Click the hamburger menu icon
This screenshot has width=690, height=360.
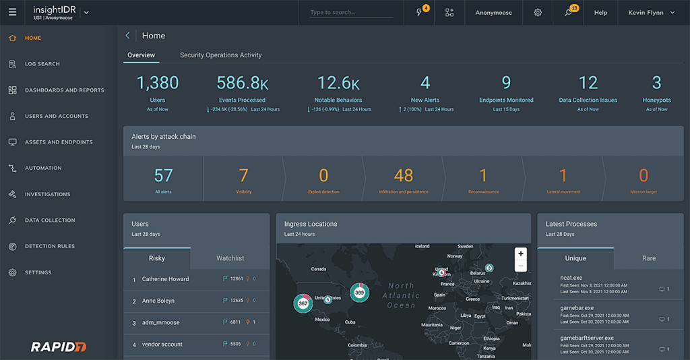[x=13, y=12]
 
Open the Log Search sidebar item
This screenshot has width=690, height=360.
[x=42, y=64]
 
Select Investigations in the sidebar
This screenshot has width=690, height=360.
[x=47, y=194]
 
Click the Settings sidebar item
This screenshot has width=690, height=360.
[x=38, y=272]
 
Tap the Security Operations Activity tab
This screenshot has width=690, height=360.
[x=220, y=55]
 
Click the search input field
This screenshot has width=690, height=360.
[x=350, y=12]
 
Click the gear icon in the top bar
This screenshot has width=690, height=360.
[x=538, y=13]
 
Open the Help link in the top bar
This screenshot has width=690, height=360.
[x=600, y=13]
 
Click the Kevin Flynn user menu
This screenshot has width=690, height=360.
[x=651, y=13]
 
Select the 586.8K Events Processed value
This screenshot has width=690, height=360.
[x=242, y=83]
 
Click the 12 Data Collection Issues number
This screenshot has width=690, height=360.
[x=588, y=83]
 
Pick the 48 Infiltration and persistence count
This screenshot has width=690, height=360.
[x=403, y=176]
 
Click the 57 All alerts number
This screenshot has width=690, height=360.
[x=163, y=176]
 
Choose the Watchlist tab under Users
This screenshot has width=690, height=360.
[x=230, y=258]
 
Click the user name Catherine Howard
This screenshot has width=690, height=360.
[x=165, y=279]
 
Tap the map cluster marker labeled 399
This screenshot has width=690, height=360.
[x=360, y=293]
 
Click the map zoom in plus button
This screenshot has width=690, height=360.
[x=520, y=254]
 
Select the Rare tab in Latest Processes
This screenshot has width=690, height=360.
[x=648, y=258]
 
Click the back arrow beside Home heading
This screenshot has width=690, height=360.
[x=128, y=36]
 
